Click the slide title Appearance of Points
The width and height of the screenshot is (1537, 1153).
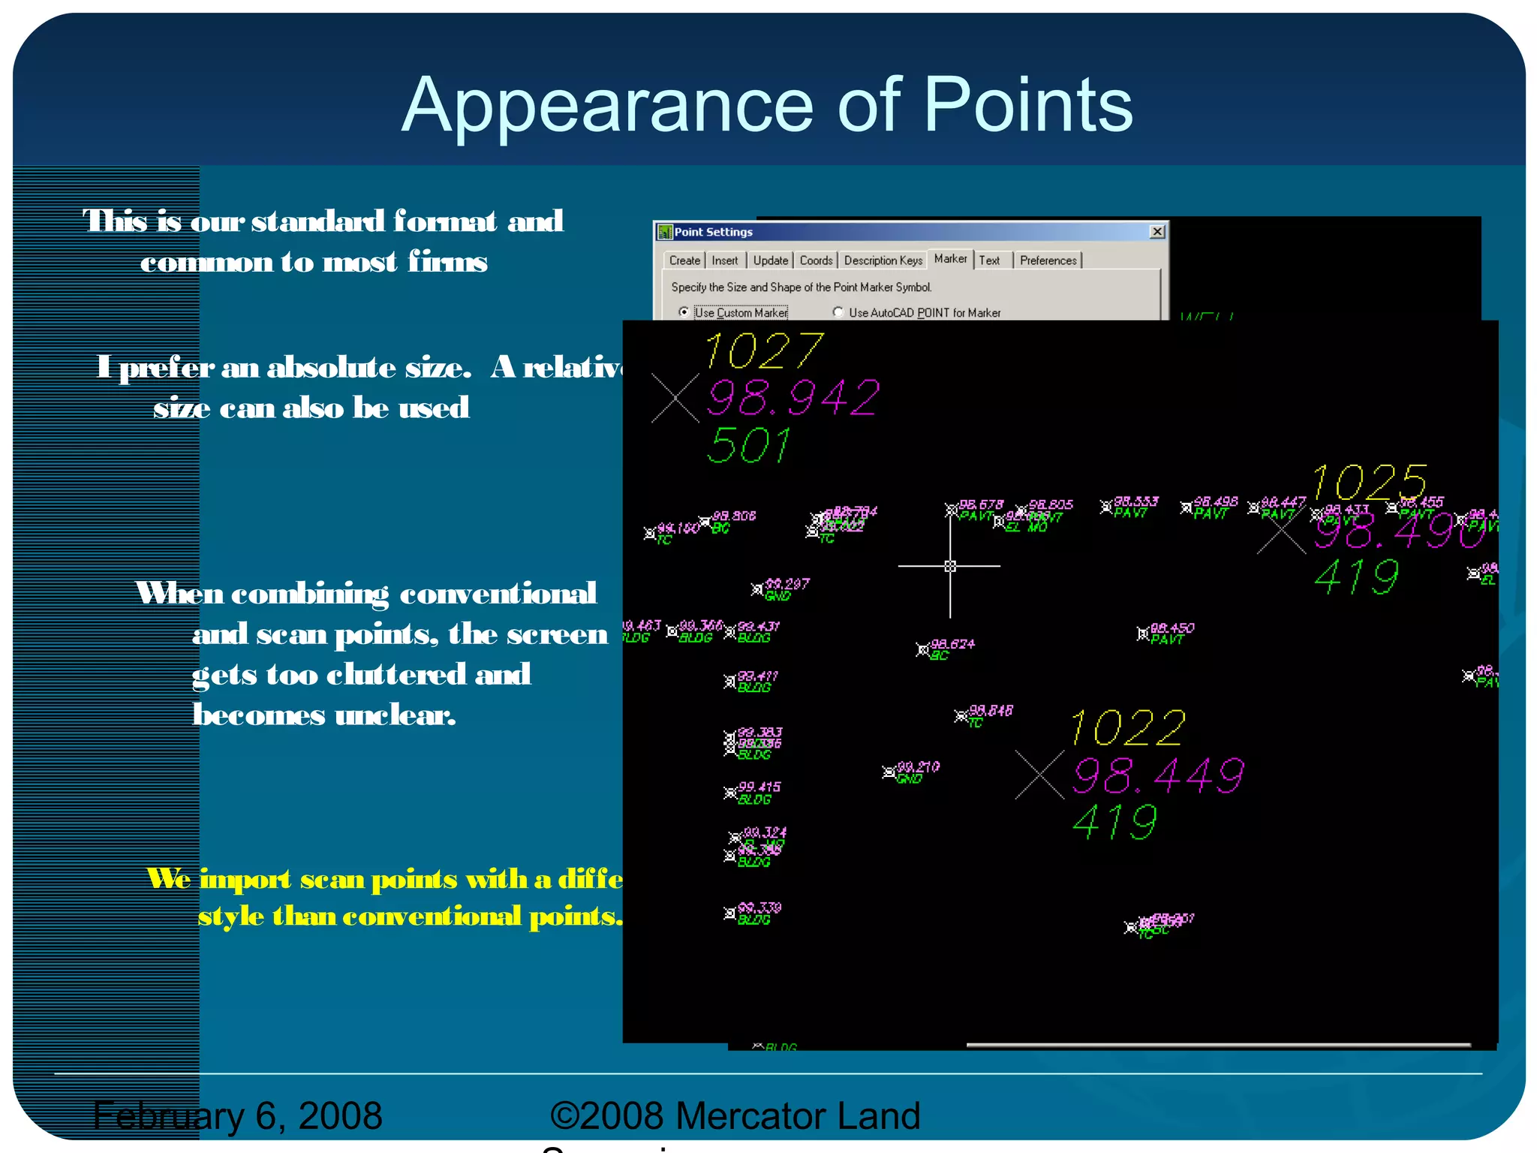tap(767, 105)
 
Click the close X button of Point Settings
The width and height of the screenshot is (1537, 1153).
tap(1157, 231)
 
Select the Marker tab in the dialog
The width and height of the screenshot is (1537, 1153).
tap(950, 259)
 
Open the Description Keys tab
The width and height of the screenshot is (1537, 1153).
tap(883, 260)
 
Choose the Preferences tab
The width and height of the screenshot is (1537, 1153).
tap(1048, 260)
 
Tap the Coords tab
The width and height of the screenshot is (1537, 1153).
tap(816, 260)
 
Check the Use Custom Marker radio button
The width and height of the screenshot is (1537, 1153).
tap(684, 312)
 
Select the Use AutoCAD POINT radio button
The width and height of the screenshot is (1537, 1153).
tap(838, 312)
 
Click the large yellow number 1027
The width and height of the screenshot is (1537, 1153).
tap(764, 351)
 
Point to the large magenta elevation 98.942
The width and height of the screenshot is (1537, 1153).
tap(793, 398)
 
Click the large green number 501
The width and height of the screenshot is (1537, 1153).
tap(749, 446)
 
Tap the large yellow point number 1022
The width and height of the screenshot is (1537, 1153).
tap(1128, 728)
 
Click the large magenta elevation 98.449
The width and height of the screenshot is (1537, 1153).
tap(1158, 775)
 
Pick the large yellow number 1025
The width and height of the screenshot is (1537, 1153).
tap(1370, 482)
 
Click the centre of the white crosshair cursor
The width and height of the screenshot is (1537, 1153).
tap(950, 566)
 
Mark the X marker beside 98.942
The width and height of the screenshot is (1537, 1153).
tap(675, 398)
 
